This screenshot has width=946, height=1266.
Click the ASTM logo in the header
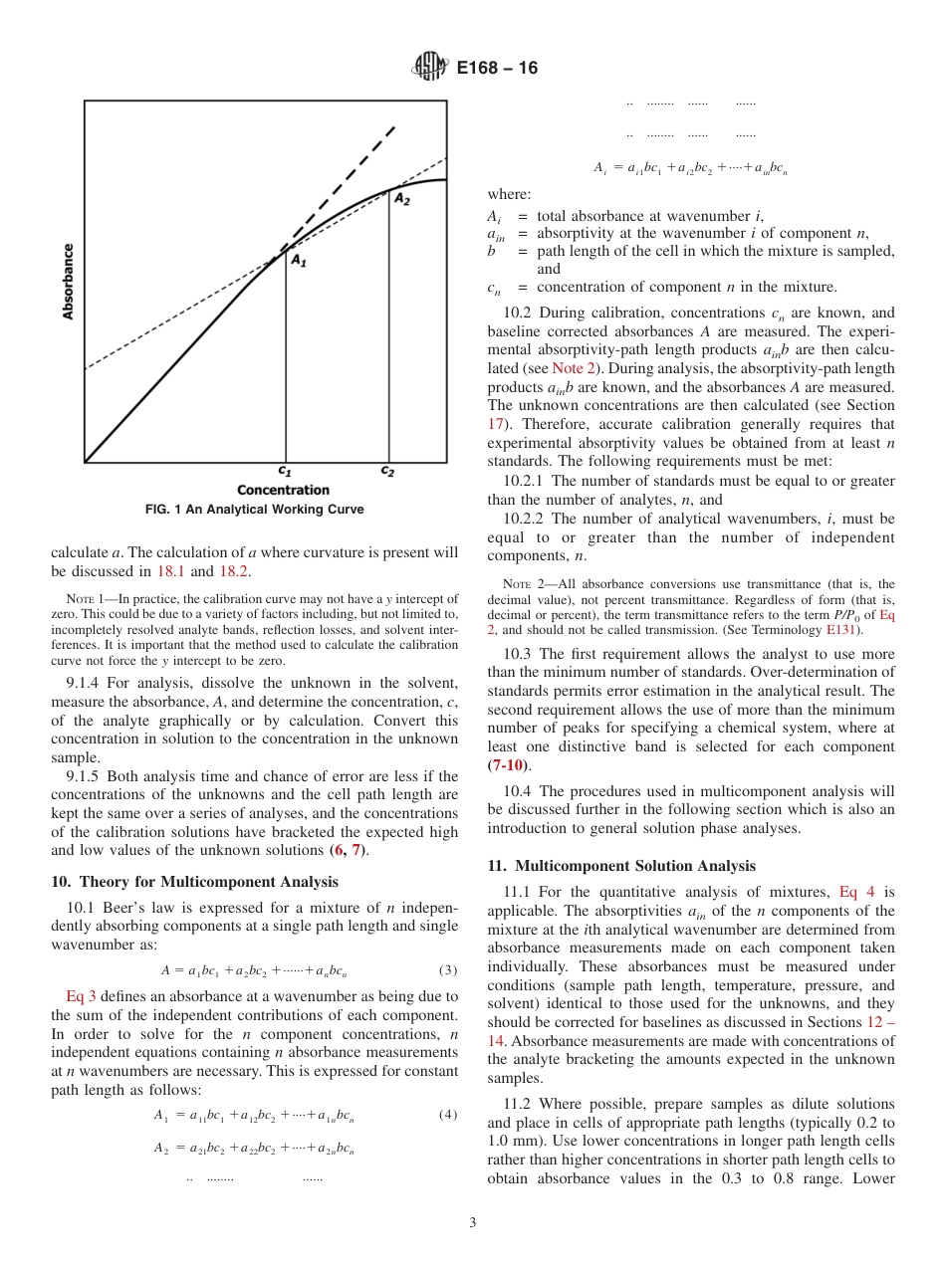(429, 68)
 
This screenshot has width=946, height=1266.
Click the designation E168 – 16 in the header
(496, 68)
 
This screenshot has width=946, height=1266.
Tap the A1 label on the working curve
(298, 260)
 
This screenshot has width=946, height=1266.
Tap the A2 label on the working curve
(402, 199)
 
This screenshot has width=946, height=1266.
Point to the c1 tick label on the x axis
(284, 471)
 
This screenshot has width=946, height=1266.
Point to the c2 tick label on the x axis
(387, 471)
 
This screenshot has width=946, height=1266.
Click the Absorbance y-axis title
(69, 282)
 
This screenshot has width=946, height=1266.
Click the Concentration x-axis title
(283, 490)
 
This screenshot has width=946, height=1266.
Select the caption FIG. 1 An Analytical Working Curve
(254, 510)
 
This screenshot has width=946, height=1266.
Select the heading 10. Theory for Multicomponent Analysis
(194, 882)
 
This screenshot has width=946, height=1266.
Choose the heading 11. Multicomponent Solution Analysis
(621, 866)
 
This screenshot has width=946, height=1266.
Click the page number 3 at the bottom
(473, 1222)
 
